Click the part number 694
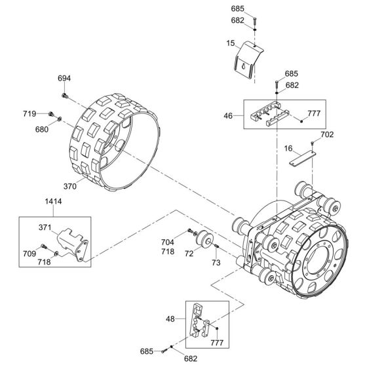point(64,78)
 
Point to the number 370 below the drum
point(70,187)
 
